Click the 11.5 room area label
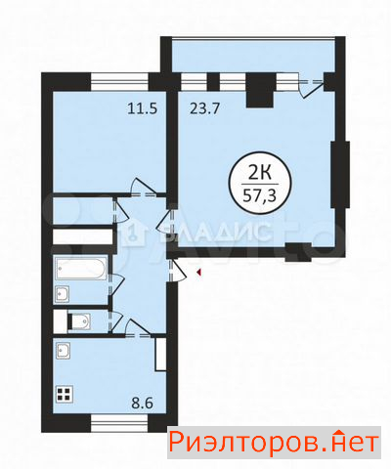pyautogui.click(x=143, y=108)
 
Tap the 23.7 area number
pyautogui.click(x=204, y=108)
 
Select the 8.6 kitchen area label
pyautogui.click(x=143, y=404)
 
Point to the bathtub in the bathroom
pyautogui.click(x=81, y=269)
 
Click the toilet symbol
pyautogui.click(x=79, y=322)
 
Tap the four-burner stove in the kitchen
pyautogui.click(x=64, y=394)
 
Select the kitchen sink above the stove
pyautogui.click(x=63, y=350)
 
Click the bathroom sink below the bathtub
pyautogui.click(x=62, y=294)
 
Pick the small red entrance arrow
pyautogui.click(x=198, y=273)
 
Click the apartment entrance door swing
pyautogui.click(x=178, y=271)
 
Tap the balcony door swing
pyautogui.click(x=311, y=86)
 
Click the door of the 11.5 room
pyautogui.click(x=144, y=188)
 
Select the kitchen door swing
pyautogui.click(x=138, y=327)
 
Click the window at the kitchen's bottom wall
pyautogui.click(x=119, y=423)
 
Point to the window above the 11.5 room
pyautogui.click(x=119, y=82)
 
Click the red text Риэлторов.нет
pyautogui.click(x=275, y=443)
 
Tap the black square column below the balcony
pyautogui.click(x=261, y=90)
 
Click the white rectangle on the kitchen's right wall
pyautogui.click(x=160, y=355)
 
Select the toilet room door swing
pyautogui.click(x=116, y=320)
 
